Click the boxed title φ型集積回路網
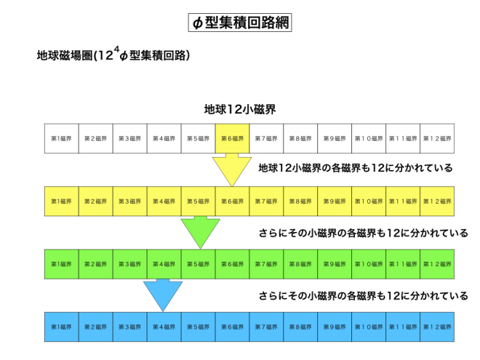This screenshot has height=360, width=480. pyautogui.click(x=240, y=23)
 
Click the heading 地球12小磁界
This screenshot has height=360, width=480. pyautogui.click(x=240, y=109)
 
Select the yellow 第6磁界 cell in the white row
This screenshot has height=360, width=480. pyautogui.click(x=232, y=138)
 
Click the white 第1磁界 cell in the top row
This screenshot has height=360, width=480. pyautogui.click(x=62, y=138)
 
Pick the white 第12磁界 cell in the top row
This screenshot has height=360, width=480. pyautogui.click(x=437, y=138)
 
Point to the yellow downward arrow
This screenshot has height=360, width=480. pyautogui.click(x=232, y=169)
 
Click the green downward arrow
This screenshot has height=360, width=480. pyautogui.click(x=201, y=232)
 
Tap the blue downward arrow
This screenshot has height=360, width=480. pyautogui.click(x=163, y=295)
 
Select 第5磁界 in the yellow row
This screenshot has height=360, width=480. pyautogui.click(x=198, y=201)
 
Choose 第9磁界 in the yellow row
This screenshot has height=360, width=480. pyautogui.click(x=335, y=201)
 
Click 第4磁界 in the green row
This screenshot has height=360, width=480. pyautogui.click(x=164, y=264)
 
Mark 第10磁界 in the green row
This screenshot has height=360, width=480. pyautogui.click(x=369, y=264)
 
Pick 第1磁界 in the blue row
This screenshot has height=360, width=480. pyautogui.click(x=62, y=327)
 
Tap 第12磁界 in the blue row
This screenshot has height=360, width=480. pyautogui.click(x=437, y=327)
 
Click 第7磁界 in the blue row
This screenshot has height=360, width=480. pyautogui.click(x=266, y=327)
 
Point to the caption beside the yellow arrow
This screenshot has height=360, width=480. pyautogui.click(x=356, y=168)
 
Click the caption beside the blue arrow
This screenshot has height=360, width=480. pyautogui.click(x=364, y=296)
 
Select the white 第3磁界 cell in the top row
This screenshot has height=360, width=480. pyautogui.click(x=129, y=138)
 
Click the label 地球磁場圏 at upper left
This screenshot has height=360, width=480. pyautogui.click(x=65, y=55)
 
